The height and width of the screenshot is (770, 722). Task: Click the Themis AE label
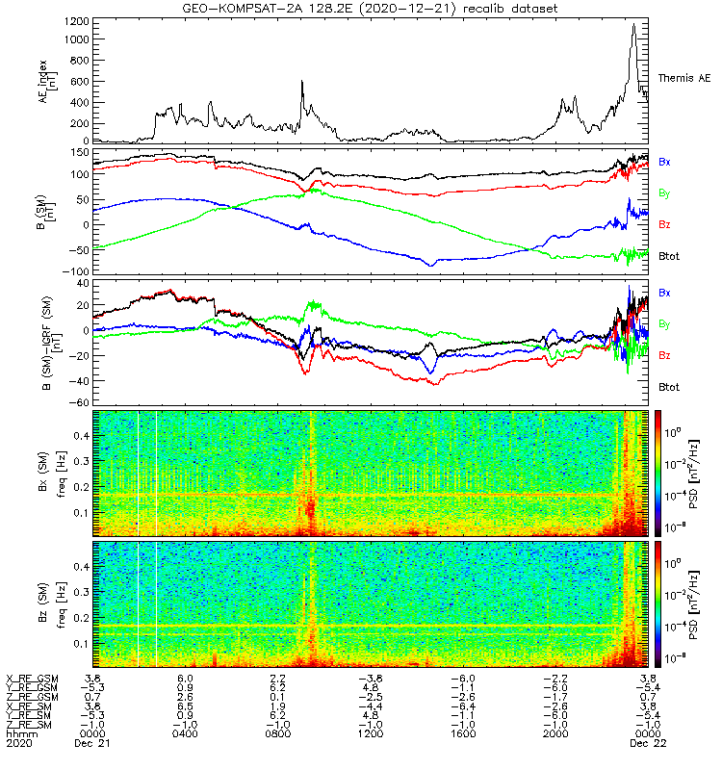[x=683, y=77]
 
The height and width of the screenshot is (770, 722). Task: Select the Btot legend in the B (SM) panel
[x=670, y=257]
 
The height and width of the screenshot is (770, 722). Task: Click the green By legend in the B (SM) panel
[x=664, y=193]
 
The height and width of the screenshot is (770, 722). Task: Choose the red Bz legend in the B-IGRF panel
[x=664, y=355]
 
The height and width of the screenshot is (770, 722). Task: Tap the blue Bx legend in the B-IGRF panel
[x=664, y=293]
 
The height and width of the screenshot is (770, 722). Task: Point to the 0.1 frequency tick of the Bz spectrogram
[x=81, y=642]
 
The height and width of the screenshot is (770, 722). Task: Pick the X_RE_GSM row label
[x=32, y=679]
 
